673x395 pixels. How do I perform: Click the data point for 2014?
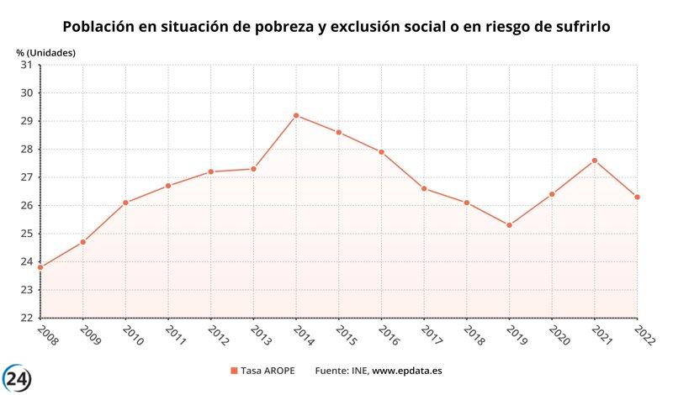click(x=296, y=115)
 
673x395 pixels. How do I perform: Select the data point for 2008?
click(x=40, y=267)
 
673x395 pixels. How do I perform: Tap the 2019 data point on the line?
click(x=509, y=225)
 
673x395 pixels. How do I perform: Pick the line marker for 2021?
click(x=595, y=161)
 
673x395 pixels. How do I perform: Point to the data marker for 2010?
click(x=125, y=203)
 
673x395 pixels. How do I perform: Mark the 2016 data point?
click(x=381, y=152)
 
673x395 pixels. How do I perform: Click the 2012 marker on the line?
click(x=210, y=171)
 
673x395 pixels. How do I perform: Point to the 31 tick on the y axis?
click(x=25, y=65)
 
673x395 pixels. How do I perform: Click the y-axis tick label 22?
click(x=25, y=319)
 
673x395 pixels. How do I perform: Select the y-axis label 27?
click(x=25, y=177)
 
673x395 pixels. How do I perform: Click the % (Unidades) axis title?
click(x=45, y=52)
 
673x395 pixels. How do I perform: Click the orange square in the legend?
click(x=234, y=371)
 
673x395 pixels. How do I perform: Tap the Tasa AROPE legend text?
click(x=268, y=371)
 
